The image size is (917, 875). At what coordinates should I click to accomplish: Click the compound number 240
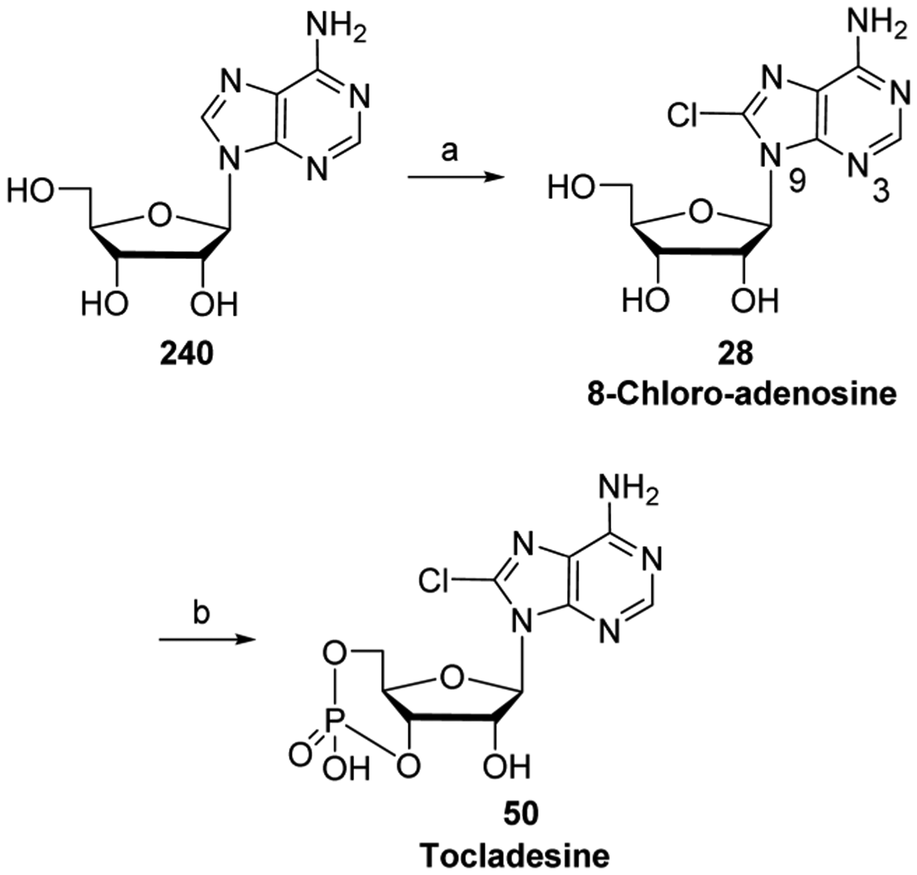pos(186,355)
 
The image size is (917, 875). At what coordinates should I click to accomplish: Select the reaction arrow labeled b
pos(208,640)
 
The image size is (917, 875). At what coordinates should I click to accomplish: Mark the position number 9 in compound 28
pos(796,183)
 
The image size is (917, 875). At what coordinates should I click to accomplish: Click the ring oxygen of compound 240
pos(159,215)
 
